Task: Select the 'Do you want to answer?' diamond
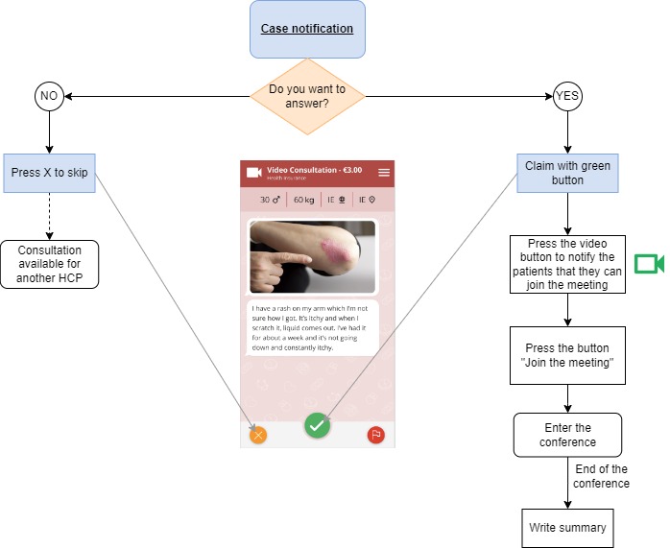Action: click(307, 96)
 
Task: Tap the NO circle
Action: click(48, 96)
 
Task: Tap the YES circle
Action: click(567, 96)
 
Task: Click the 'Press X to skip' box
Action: click(49, 174)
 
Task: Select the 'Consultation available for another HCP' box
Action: click(49, 264)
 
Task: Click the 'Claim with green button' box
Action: click(567, 174)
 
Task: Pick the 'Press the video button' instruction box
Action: click(567, 264)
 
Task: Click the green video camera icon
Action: click(649, 264)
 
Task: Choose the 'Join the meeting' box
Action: click(567, 356)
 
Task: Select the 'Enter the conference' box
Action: click(567, 435)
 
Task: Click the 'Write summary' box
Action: click(567, 528)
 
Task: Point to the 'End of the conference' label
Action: click(601, 476)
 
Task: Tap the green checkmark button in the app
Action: click(318, 425)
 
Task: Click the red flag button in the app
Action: click(375, 435)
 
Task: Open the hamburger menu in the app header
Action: click(384, 173)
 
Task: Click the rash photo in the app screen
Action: click(313, 255)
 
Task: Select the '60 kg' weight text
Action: click(304, 200)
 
